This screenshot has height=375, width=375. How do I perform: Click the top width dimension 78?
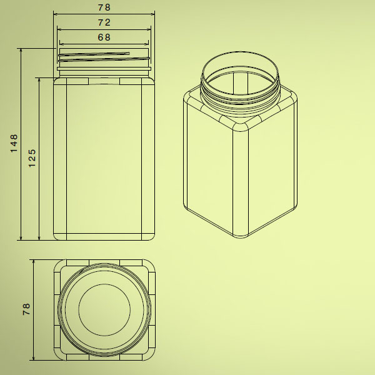pyautogui.click(x=104, y=7)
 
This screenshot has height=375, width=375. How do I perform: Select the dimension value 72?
pyautogui.click(x=104, y=22)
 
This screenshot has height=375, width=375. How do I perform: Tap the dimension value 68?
pyautogui.click(x=104, y=37)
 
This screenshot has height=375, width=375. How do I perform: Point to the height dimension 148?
pyautogui.click(x=14, y=144)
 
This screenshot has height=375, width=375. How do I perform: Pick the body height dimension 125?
pyautogui.click(x=32, y=158)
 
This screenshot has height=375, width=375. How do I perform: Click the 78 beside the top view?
pyautogui.click(x=26, y=309)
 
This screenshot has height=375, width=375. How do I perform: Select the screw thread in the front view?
pyautogui.click(x=104, y=57)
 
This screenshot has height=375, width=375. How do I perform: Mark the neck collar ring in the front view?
pyautogui.click(x=104, y=69)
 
